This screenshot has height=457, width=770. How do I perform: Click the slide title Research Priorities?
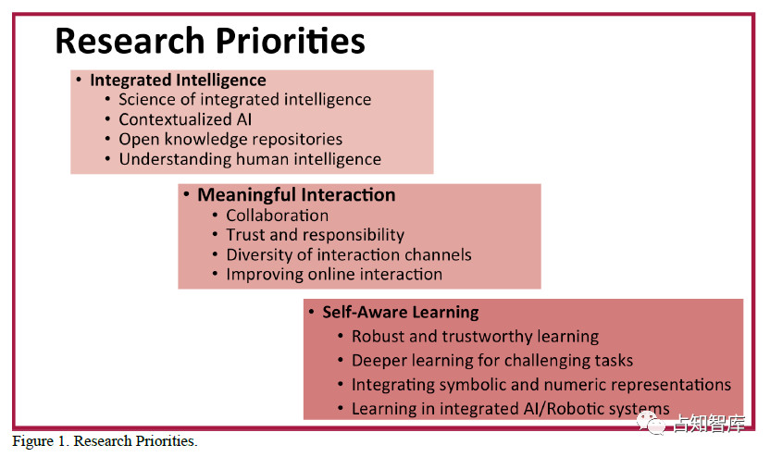point(210,41)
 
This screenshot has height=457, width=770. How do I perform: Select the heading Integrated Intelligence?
point(178,80)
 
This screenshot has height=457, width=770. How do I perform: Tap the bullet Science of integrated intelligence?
point(244,100)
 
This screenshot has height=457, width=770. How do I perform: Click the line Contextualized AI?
point(185,119)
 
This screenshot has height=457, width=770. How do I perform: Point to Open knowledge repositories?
point(230,140)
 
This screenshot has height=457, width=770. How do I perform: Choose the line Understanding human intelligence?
point(250,159)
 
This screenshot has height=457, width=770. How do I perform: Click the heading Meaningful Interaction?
point(296,195)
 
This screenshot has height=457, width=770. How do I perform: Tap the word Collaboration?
point(277,216)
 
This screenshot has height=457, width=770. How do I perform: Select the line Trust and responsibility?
point(315,235)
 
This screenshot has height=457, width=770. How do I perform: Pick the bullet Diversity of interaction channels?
point(349,254)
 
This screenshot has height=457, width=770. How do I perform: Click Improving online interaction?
point(334,275)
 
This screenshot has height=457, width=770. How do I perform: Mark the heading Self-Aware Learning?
point(400,312)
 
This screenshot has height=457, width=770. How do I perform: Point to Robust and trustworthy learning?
point(475,337)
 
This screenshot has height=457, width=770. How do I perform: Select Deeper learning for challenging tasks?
point(492,361)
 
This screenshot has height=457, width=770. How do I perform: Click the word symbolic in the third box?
point(473,385)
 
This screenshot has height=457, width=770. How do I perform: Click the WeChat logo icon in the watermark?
point(652,423)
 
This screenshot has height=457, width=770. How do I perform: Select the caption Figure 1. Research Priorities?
point(105,440)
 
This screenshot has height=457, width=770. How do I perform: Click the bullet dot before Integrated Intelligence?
point(79,79)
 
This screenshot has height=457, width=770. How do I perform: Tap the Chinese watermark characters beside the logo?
point(709,424)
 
